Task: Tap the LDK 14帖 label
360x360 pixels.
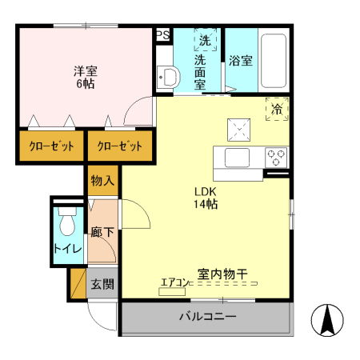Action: [206, 197]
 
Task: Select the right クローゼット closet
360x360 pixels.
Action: [120, 146]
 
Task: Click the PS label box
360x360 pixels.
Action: [162, 34]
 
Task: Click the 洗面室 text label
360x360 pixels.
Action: [206, 70]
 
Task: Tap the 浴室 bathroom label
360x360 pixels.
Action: [241, 60]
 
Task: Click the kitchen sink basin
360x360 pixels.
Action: [238, 158]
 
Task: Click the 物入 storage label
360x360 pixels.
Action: [102, 179]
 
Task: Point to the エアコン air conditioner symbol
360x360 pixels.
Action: [174, 286]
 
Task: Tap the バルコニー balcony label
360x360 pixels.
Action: [206, 317]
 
